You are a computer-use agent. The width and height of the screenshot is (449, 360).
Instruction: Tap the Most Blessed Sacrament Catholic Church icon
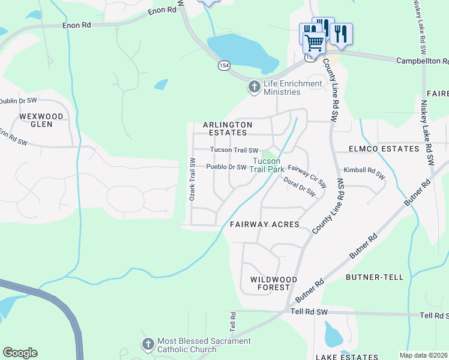point(148,345)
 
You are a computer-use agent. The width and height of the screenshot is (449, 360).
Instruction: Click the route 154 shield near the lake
point(224,65)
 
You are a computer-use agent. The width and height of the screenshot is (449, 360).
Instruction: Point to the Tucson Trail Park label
point(267,165)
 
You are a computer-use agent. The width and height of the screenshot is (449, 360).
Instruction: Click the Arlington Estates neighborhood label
point(228,128)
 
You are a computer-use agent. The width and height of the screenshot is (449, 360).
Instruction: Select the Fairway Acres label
point(265,224)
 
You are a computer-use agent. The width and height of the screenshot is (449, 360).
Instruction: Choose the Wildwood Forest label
point(274,284)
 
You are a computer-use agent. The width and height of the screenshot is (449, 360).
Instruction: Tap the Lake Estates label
point(347,356)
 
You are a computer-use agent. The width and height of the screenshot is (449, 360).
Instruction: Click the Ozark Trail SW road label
point(193,179)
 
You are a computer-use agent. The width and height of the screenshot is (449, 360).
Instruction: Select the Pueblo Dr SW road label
point(226,167)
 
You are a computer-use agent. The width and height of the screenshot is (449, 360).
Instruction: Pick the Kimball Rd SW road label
point(365,173)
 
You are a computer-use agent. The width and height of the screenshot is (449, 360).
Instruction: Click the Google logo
point(20,353)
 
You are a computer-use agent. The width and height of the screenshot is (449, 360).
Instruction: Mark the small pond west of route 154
point(160,85)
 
